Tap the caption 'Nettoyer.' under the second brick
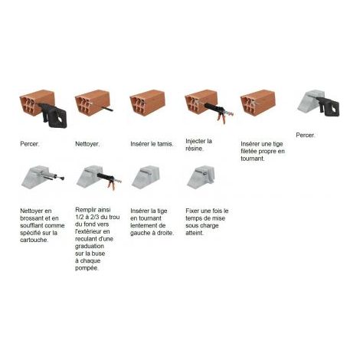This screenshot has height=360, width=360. pos(87,144)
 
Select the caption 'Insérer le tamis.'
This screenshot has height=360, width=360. pos(152,144)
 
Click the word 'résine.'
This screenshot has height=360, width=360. pos(195,149)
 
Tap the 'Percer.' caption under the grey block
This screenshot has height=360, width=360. pos(306,135)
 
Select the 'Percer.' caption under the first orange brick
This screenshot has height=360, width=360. pos(30,144)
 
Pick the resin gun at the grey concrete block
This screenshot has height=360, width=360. pos(110,180)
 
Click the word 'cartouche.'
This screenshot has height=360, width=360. pos(34,240)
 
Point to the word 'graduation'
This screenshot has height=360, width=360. pos(90,246)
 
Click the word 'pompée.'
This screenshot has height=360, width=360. pos(87,268)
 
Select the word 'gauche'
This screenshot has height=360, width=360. pos(140,233)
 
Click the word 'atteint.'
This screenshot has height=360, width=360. pos(195,233)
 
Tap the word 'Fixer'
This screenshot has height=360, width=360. pos(192,211)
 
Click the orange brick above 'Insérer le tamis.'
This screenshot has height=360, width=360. pos(148,103)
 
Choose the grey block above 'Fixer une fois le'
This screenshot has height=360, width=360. pos(201,177)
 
